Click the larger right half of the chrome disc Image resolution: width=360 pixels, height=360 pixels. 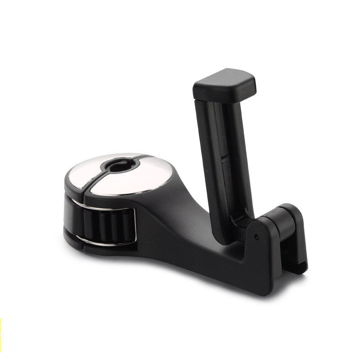click(x=135, y=176)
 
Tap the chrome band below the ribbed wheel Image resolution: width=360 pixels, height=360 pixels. click(x=90, y=240)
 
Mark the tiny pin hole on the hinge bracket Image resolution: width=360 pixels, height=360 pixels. click(x=256, y=237)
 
